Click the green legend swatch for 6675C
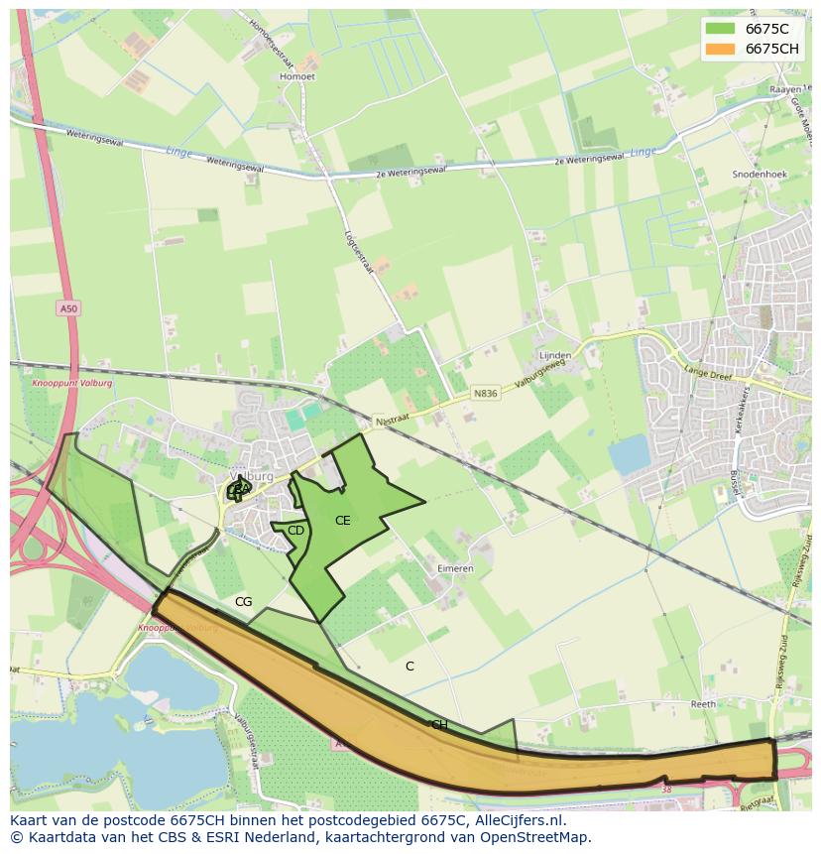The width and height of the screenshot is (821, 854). [x=720, y=29]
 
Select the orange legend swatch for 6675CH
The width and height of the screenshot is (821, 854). [x=720, y=49]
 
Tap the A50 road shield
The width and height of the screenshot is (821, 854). [x=67, y=308]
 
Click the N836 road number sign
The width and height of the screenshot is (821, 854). [x=485, y=394]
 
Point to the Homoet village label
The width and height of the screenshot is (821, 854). [x=297, y=76]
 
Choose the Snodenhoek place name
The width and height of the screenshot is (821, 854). [x=759, y=174]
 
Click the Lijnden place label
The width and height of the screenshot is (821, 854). [x=554, y=355]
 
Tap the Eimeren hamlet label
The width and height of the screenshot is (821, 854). [x=455, y=568]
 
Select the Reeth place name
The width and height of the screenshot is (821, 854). [x=703, y=703]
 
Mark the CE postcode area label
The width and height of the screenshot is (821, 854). [x=342, y=521]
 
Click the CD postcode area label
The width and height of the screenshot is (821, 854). [x=295, y=531]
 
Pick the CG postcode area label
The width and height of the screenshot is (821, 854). [x=243, y=602]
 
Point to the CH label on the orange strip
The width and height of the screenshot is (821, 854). [x=439, y=725]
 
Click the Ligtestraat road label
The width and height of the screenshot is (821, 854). [x=356, y=247]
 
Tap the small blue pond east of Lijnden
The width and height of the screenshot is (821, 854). [x=629, y=455]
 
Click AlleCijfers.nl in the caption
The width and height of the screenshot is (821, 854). [x=518, y=820]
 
